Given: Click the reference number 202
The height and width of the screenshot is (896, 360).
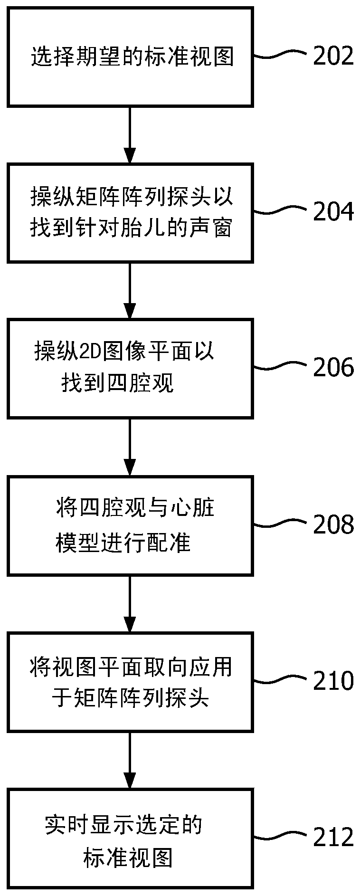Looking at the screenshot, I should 333,56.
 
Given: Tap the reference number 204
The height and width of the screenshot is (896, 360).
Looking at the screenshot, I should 333,211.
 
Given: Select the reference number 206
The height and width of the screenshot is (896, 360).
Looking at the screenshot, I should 333,368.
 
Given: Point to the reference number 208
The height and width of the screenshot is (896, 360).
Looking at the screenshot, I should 333,524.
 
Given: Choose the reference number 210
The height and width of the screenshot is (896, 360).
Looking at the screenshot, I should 333,681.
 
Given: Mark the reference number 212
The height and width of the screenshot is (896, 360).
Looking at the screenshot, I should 333,837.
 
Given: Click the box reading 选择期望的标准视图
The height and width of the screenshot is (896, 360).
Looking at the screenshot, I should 130,57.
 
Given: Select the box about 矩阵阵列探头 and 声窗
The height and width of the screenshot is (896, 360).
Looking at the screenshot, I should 130,212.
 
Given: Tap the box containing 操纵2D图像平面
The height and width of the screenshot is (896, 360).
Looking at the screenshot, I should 130,368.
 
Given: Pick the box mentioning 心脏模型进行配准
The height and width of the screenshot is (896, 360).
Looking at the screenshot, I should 130,525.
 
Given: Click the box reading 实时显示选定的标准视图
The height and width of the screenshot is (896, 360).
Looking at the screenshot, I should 130,838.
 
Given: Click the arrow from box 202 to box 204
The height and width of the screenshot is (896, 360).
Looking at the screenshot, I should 130,134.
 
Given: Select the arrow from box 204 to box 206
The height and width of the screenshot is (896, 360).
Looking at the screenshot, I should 130,290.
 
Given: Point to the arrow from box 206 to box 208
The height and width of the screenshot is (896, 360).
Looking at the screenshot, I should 130,447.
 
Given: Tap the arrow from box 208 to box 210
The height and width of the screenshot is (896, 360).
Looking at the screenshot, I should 130,603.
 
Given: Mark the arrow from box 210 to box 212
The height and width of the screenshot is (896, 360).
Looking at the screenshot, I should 130,760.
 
